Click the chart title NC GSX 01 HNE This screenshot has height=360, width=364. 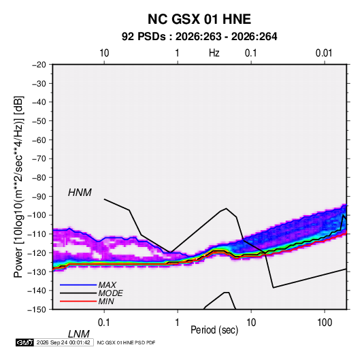point(199,19)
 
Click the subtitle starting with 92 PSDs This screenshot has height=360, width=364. point(199,37)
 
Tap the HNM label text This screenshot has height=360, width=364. point(80,193)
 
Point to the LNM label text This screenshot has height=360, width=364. point(78,334)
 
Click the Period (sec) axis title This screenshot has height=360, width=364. point(214,330)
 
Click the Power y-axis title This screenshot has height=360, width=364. point(18,186)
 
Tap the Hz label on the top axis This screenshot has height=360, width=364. point(214,53)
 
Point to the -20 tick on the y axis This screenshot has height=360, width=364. point(39,65)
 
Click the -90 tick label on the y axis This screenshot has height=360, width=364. point(39,196)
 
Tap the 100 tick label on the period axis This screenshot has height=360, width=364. point(325,323)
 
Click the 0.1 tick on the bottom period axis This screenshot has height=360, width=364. point(104,323)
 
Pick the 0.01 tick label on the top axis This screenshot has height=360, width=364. point(324,53)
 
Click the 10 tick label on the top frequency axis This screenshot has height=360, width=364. point(104,53)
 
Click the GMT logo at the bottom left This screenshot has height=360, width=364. point(25,342)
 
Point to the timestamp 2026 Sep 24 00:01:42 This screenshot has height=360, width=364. point(63,342)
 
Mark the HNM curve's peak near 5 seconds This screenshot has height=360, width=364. point(226,208)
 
